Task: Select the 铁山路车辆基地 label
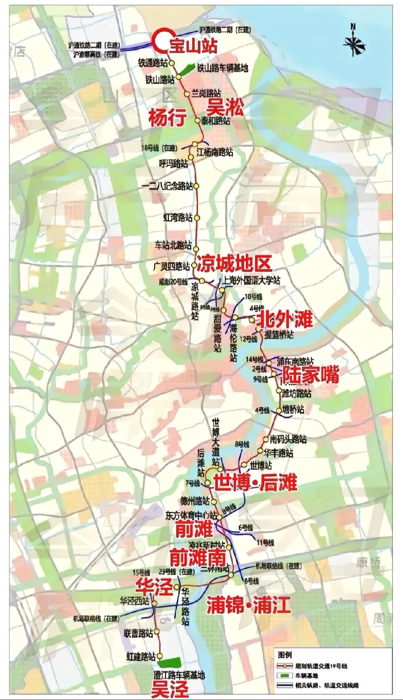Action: coord(223,68)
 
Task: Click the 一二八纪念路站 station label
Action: coord(167,187)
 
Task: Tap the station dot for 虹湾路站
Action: coord(197,218)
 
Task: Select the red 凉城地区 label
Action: coord(235,263)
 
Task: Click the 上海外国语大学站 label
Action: coord(251,281)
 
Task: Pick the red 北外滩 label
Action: coord(284,320)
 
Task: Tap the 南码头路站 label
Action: coord(288,439)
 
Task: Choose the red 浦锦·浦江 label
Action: coord(248,604)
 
